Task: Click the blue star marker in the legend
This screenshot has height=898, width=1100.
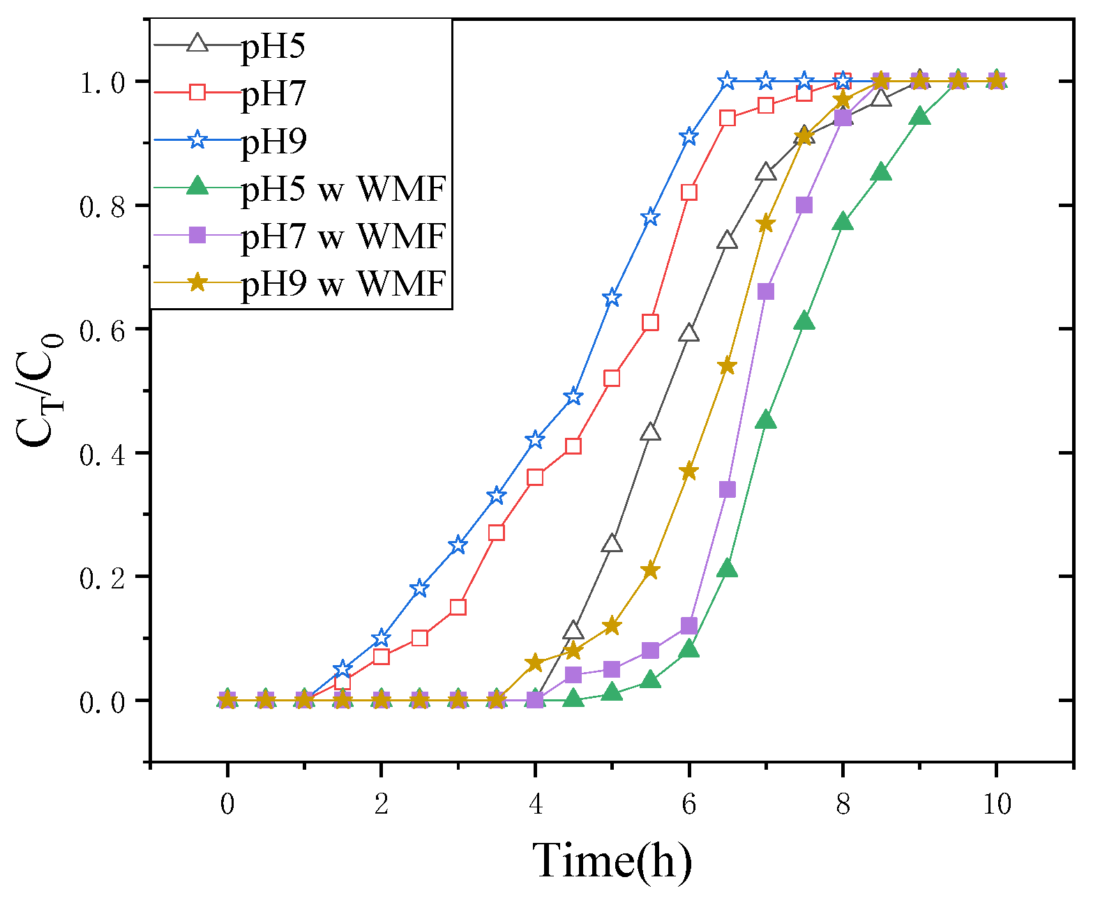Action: pos(198,140)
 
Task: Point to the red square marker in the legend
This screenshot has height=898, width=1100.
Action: pos(198,93)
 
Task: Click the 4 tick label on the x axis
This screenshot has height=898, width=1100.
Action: pos(535,804)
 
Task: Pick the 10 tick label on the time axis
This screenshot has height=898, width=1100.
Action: pos(997,804)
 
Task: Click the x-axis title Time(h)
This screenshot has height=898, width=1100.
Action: pos(612,860)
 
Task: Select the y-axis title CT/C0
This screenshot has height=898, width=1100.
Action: pos(38,390)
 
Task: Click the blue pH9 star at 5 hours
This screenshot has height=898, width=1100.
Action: pos(612,298)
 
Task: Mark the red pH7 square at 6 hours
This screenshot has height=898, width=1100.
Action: pos(689,192)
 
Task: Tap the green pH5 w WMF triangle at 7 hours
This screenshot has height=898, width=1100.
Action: pos(766,420)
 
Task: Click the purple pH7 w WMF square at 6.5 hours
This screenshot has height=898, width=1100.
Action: pos(728,489)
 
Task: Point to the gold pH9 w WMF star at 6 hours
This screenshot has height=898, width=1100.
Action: pos(689,471)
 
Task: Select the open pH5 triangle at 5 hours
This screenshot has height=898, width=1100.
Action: pos(612,543)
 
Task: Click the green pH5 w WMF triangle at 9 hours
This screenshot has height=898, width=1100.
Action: pos(920,116)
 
